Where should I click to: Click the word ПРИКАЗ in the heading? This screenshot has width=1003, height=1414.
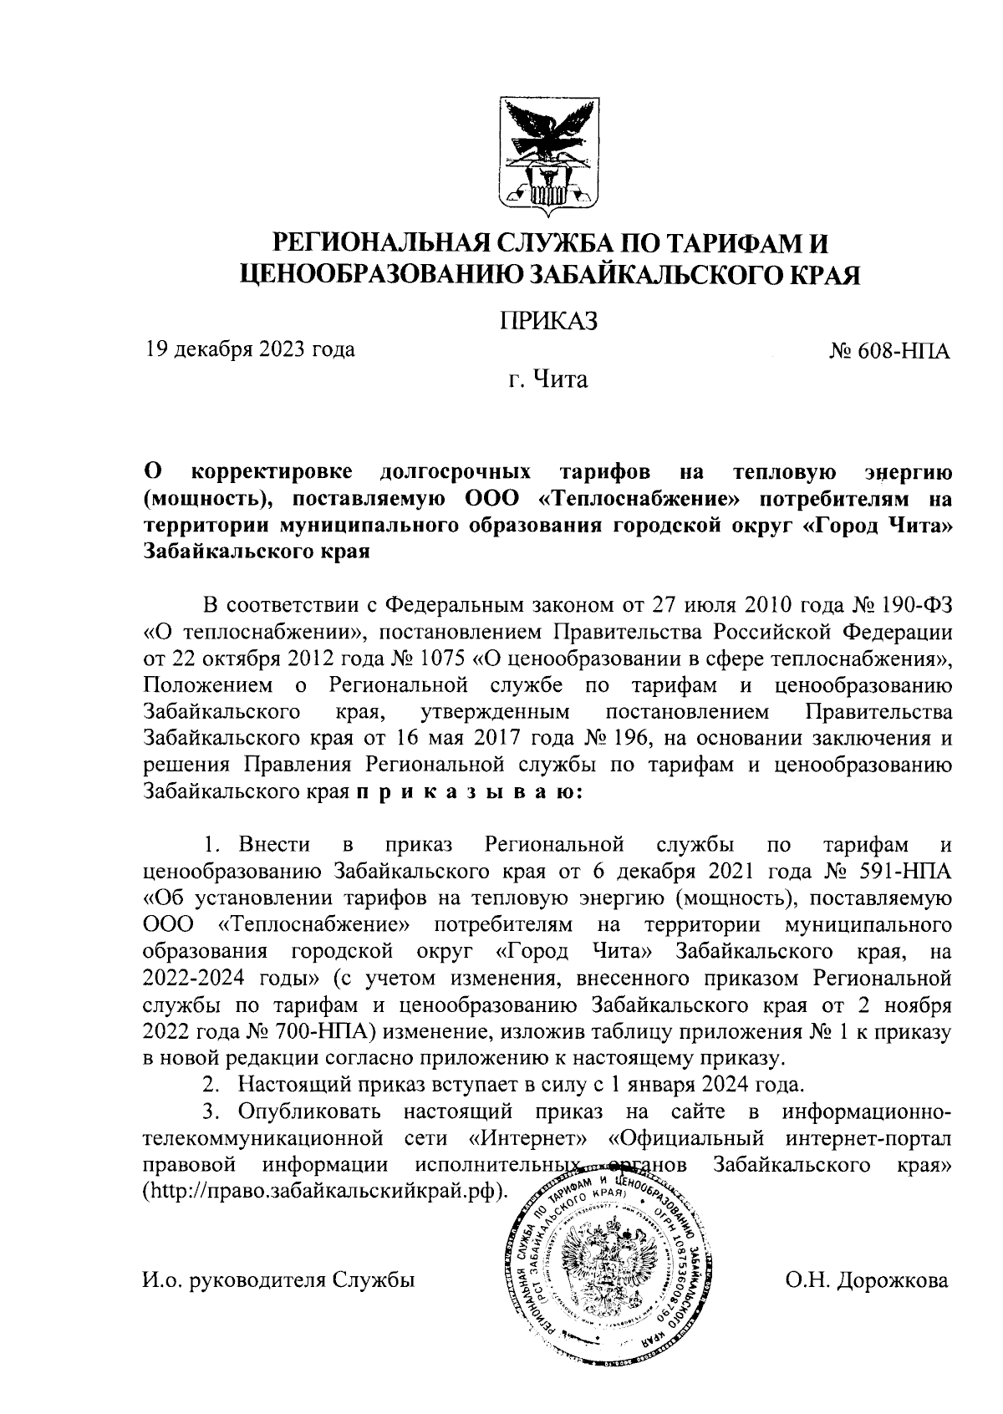tap(548, 320)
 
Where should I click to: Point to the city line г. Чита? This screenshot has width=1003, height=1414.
tap(548, 381)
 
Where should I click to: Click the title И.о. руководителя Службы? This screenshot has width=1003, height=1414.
tap(279, 1280)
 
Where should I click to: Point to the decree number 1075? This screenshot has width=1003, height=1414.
tap(440, 659)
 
